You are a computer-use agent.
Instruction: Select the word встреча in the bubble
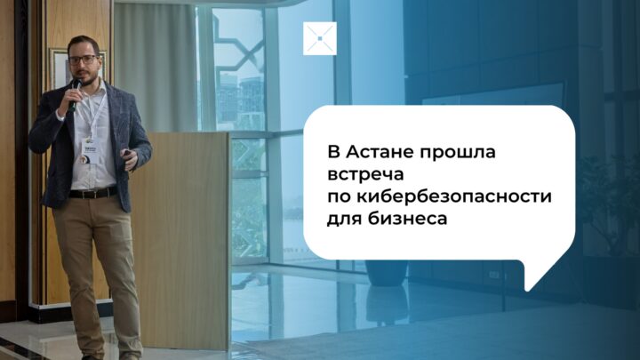pos(365,175)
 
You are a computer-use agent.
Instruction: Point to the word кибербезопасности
pos(454,196)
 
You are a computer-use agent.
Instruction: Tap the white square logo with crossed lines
pos(320,38)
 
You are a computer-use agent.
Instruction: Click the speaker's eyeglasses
pos(83,60)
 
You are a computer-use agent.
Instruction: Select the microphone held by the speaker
pos(75,95)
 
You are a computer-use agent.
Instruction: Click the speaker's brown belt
pos(93,193)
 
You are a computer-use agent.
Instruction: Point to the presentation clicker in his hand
pos(129,153)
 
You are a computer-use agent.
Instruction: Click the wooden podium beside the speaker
pos(181,240)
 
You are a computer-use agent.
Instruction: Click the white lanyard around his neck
pos(93,113)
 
